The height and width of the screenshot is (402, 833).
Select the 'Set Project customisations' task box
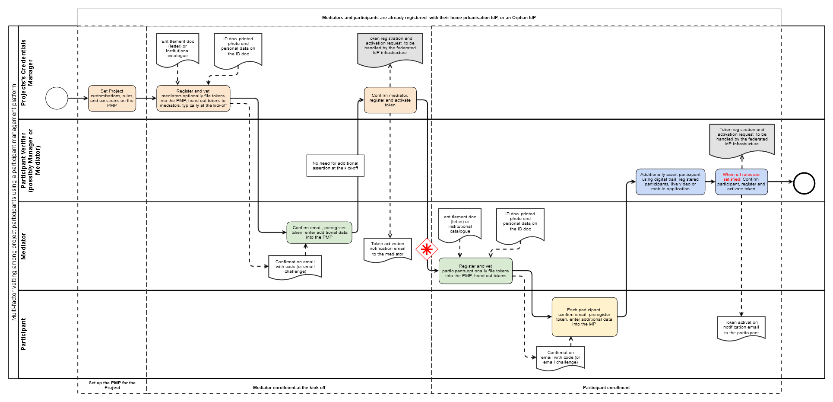(x=112, y=99)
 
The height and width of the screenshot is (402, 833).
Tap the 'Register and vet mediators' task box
(x=193, y=99)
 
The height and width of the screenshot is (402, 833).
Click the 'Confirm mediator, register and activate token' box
(x=390, y=100)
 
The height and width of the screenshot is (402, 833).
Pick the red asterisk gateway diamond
(x=427, y=249)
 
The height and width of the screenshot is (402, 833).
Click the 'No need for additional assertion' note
(x=336, y=166)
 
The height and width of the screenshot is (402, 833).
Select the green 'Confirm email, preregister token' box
(x=319, y=233)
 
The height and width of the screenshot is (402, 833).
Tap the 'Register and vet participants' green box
(x=475, y=271)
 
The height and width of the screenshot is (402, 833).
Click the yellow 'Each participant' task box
(x=584, y=317)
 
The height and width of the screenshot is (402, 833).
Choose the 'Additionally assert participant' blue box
(x=670, y=182)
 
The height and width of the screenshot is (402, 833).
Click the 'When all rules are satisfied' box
(x=741, y=182)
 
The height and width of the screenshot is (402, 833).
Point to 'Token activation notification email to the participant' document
(x=741, y=328)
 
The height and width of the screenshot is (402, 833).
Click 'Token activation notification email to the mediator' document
(x=388, y=249)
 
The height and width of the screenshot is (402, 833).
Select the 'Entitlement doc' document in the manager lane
(x=177, y=50)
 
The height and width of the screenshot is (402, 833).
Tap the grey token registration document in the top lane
(x=390, y=50)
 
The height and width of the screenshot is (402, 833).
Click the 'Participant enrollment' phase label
(x=606, y=388)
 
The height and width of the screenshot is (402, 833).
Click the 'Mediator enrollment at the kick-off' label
(x=289, y=388)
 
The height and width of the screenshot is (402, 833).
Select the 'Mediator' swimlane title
(x=23, y=246)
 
